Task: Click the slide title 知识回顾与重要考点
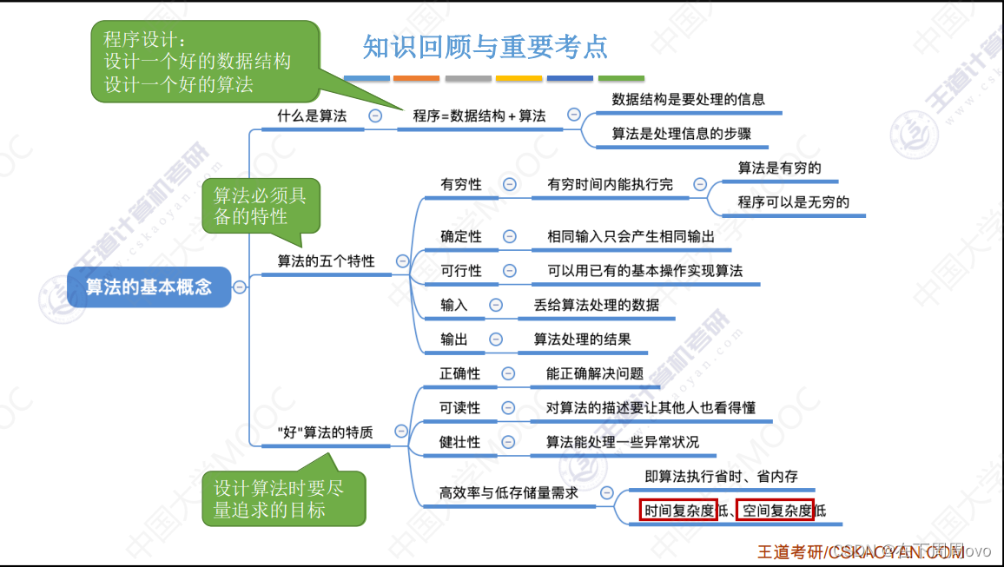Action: (x=485, y=46)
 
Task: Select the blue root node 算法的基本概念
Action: (x=149, y=287)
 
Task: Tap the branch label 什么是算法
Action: (x=312, y=115)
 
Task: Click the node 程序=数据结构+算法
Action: (x=479, y=115)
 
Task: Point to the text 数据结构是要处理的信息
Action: (x=688, y=99)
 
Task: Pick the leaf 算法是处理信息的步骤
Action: (x=681, y=134)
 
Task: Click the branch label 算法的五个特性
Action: (x=326, y=260)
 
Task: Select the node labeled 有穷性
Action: (x=460, y=184)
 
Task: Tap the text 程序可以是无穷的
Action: (x=793, y=202)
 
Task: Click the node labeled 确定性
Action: (x=460, y=236)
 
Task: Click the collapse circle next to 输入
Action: (x=496, y=305)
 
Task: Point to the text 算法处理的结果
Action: (x=582, y=340)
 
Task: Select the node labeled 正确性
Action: (x=459, y=373)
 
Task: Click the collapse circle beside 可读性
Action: (x=510, y=408)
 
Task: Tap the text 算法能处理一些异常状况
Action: (x=622, y=442)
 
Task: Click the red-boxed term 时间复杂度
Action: (x=679, y=511)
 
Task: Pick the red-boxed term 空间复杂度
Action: (x=775, y=511)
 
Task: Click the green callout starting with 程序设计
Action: (x=205, y=62)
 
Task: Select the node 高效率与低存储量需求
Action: (x=508, y=493)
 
